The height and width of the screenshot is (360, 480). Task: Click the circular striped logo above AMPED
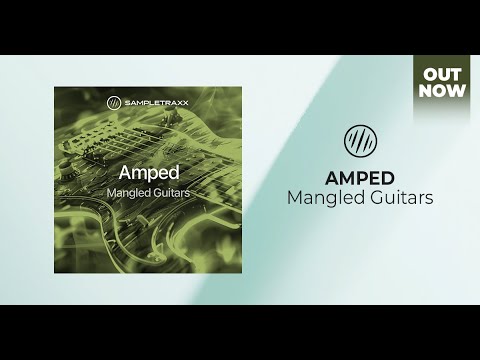(x=359, y=139)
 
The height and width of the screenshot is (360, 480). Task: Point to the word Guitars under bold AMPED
(x=399, y=197)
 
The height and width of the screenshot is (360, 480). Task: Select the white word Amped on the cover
(x=148, y=171)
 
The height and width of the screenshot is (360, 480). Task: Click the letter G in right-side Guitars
(x=373, y=197)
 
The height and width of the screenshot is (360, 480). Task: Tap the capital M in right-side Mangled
(x=296, y=197)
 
